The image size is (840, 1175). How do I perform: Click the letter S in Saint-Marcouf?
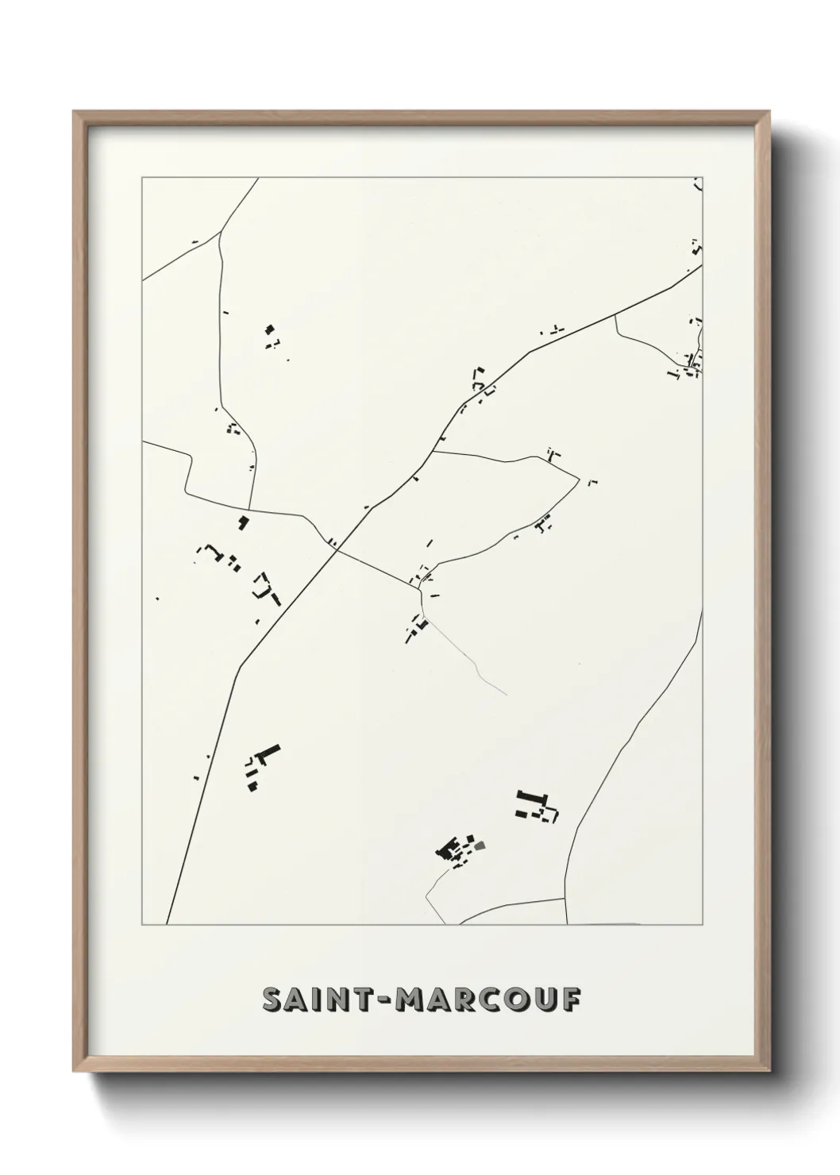tap(273, 1000)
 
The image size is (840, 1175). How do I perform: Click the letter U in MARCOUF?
tap(557, 1000)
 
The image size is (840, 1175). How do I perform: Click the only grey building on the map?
tap(479, 846)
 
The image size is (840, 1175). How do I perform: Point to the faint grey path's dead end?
tap(507, 695)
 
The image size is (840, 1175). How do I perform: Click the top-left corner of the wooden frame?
tap(74, 111)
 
